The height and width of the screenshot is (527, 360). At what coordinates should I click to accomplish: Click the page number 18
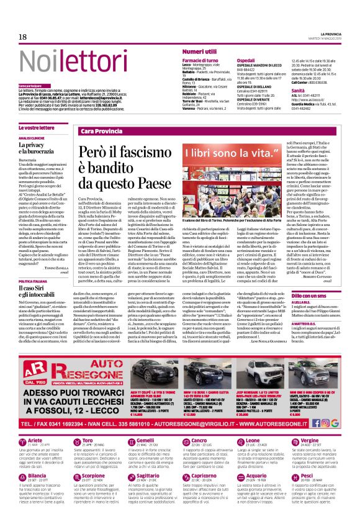pyautogui.click(x=22, y=37)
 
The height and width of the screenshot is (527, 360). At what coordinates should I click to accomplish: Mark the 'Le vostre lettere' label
pyautogui.click(x=37, y=127)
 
